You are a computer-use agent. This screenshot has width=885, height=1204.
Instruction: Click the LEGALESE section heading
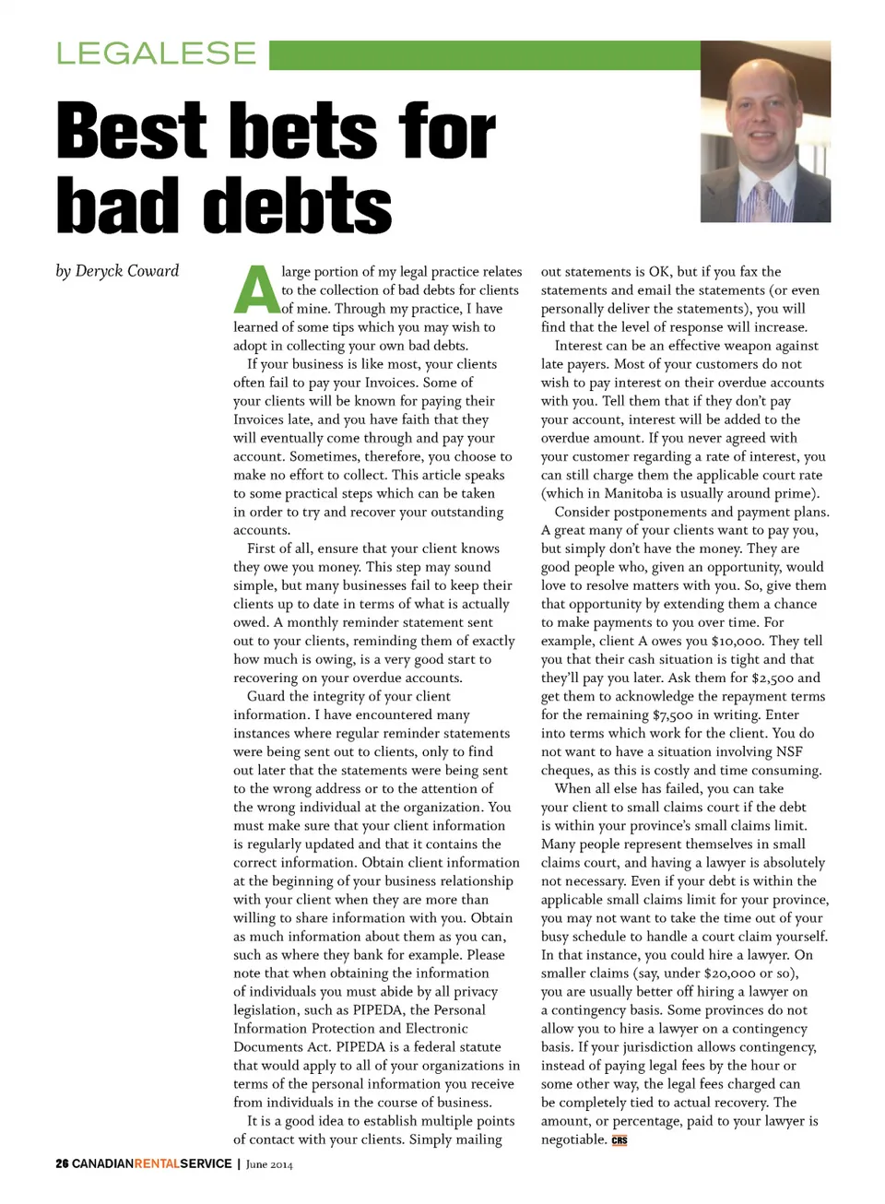point(156,53)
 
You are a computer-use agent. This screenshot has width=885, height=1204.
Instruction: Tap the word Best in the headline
point(132,131)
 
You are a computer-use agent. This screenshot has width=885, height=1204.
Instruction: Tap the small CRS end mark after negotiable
point(619,1140)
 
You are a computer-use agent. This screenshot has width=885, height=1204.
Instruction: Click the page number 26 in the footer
point(62,1163)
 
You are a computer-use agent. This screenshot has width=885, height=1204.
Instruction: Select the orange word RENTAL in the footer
point(157,1163)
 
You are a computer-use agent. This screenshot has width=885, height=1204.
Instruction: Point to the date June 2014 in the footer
point(269,1164)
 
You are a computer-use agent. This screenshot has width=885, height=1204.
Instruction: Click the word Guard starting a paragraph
point(266,696)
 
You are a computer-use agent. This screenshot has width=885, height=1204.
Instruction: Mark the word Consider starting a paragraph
point(584,512)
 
